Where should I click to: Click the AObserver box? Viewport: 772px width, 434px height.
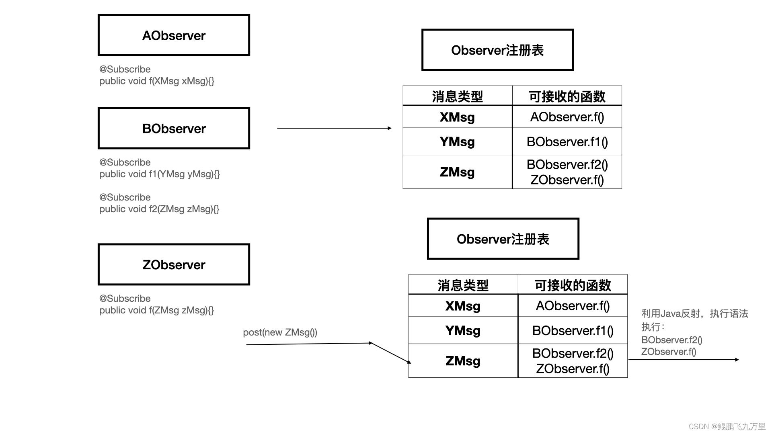click(174, 35)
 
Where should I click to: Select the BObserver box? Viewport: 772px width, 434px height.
click(174, 128)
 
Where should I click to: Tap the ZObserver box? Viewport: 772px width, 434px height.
click(174, 264)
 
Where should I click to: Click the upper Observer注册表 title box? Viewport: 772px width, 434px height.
click(497, 50)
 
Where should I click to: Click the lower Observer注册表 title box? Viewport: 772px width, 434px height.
click(503, 239)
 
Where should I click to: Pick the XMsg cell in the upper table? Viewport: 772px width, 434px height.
click(457, 117)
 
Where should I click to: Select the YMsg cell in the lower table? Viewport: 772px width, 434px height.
click(463, 330)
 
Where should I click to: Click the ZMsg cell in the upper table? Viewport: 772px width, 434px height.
click(457, 172)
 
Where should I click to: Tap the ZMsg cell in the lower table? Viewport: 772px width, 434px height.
click(463, 361)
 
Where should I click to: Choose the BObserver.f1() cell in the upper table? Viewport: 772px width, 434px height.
click(567, 141)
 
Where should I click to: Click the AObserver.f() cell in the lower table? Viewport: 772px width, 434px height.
click(573, 306)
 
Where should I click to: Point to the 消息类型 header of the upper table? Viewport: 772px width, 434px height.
click(457, 96)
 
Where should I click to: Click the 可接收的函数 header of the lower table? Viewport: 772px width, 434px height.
click(573, 285)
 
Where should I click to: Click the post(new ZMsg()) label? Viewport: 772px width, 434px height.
click(280, 332)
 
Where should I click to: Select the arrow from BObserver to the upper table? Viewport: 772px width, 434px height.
click(334, 128)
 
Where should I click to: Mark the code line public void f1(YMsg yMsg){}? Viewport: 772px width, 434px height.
click(159, 174)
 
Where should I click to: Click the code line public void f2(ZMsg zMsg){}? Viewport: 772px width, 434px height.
click(159, 209)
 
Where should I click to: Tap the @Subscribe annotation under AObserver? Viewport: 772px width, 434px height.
click(125, 69)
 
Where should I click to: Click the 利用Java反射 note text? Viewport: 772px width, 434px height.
click(694, 313)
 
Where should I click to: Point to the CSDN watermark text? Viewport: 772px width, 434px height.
click(727, 426)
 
